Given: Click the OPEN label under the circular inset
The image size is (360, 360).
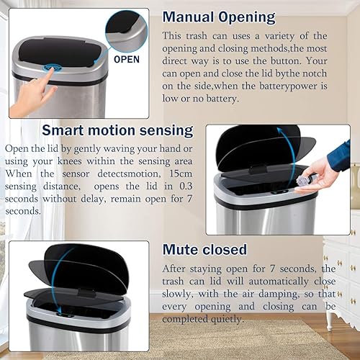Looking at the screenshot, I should tap(126, 60).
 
